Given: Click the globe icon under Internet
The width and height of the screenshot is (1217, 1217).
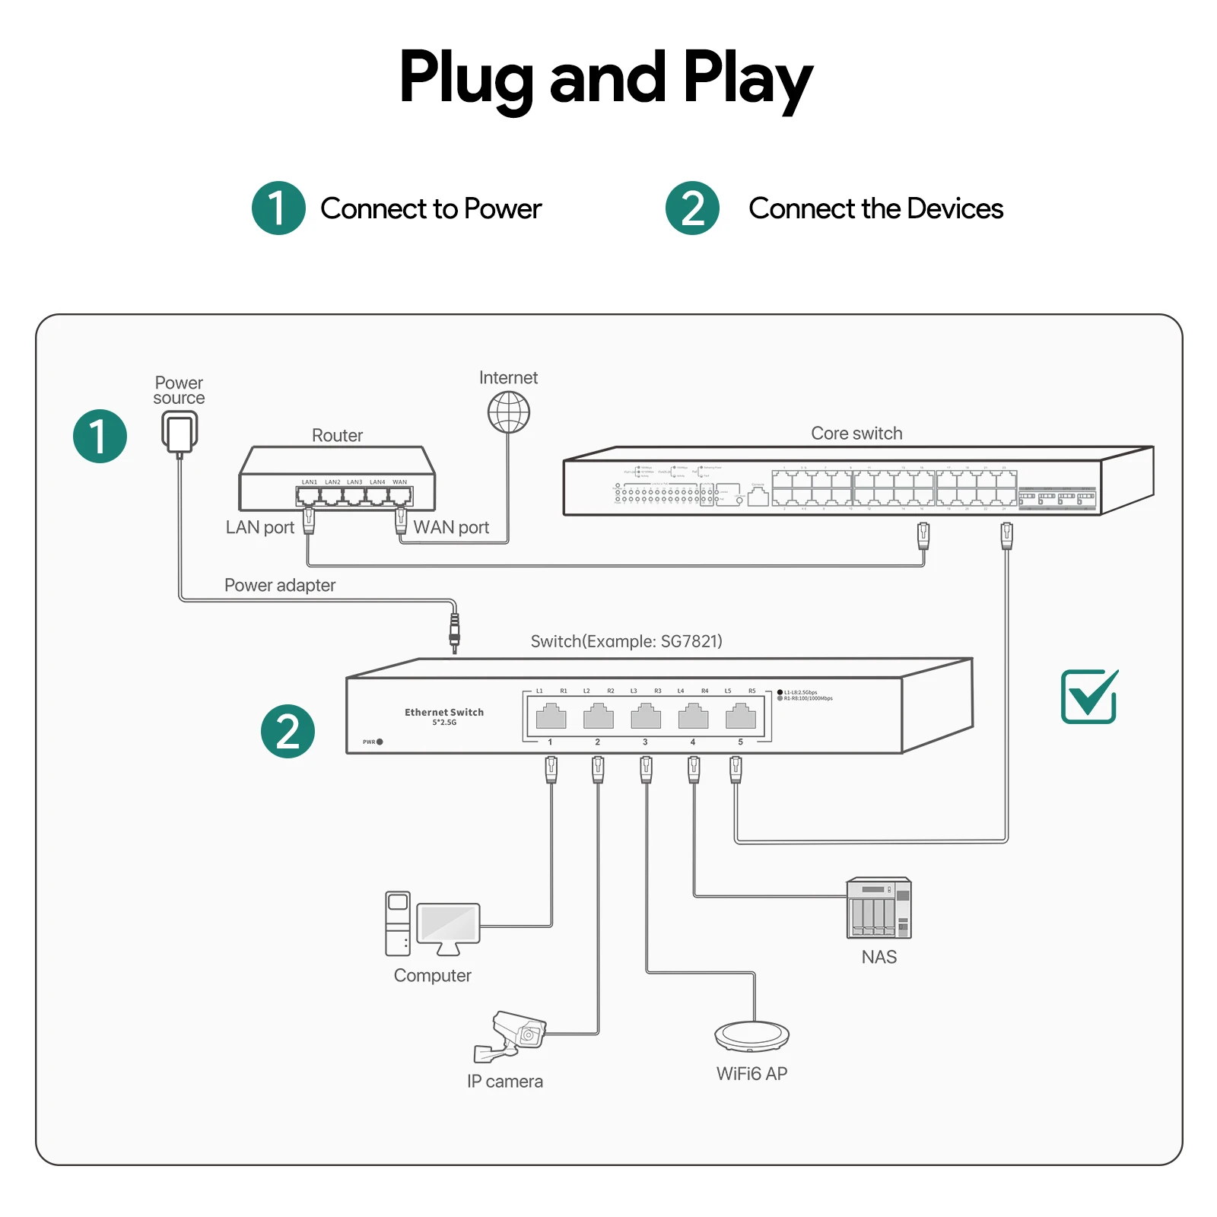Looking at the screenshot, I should coord(508,412).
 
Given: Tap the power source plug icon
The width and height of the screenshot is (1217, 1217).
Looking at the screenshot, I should coord(180,432).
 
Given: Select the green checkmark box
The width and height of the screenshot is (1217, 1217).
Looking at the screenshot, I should coord(1088,696).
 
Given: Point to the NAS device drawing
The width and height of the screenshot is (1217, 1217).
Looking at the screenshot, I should coord(879,908).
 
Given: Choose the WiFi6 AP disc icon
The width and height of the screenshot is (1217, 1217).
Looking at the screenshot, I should coord(751,1034).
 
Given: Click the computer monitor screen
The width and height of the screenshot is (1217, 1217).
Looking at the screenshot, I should coord(448,923).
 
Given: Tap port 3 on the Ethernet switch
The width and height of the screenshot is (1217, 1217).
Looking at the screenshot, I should coord(646,717).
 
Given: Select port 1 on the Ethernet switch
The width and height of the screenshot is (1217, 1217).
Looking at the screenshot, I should coord(551,717).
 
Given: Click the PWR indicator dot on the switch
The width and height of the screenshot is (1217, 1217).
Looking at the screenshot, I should coord(380,742).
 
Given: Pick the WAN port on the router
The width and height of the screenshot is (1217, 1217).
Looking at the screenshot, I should coord(400,497).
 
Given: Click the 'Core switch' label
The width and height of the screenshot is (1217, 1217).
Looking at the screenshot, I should coord(856,434).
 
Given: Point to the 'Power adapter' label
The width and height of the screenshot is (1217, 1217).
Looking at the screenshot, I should coord(279,585).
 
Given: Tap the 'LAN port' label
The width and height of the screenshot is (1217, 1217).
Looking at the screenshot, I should coord(259,527).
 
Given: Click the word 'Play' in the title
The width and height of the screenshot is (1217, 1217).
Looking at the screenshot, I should coord(748,78).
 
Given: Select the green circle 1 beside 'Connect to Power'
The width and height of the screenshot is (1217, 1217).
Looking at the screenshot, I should coord(278,208).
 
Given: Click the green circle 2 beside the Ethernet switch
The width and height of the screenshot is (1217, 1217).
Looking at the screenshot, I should coord(288,731).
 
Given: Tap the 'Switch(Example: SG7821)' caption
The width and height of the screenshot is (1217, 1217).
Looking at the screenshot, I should coord(626,641).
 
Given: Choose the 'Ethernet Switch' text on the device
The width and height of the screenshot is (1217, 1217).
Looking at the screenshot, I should coord(444,712).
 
